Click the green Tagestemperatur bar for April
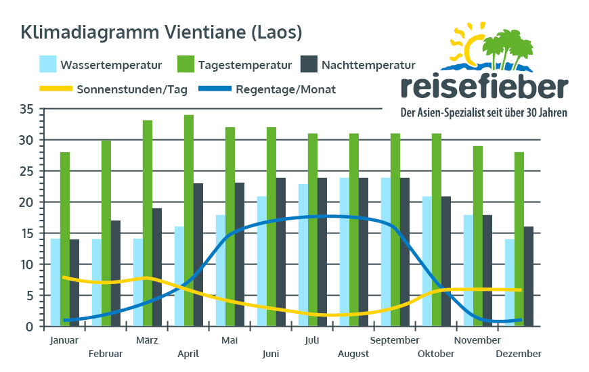pyautogui.click(x=189, y=220)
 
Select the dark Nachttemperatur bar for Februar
pyautogui.click(x=115, y=273)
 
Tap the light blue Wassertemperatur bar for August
pyautogui.click(x=345, y=252)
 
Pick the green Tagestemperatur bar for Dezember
pyautogui.click(x=519, y=239)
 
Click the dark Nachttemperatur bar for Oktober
pyautogui.click(x=446, y=261)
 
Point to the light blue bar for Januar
pyautogui.click(x=56, y=282)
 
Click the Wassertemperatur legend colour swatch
pyautogui.click(x=47, y=64)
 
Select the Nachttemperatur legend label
pyautogui.click(x=368, y=65)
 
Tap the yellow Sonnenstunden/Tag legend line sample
pyautogui.click(x=56, y=89)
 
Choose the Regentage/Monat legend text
pyautogui.click(x=286, y=90)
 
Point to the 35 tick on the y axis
pyautogui.click(x=26, y=110)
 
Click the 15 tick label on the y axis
pyautogui.click(x=26, y=233)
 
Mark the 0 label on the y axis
pyautogui.click(x=29, y=327)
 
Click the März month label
pyautogui.click(x=147, y=340)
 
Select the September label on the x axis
pyautogui.click(x=395, y=340)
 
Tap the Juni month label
pyautogui.click(x=270, y=354)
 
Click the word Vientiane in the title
pyautogui.click(x=204, y=32)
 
